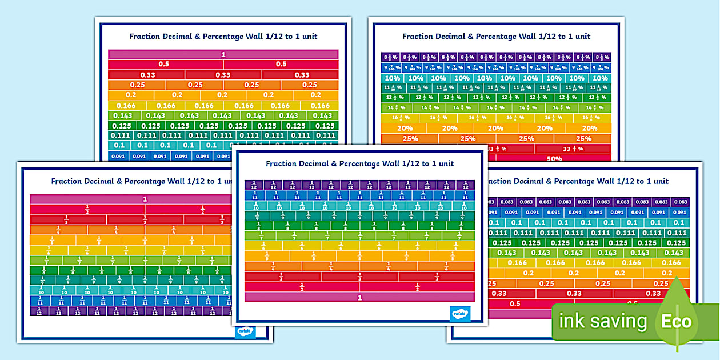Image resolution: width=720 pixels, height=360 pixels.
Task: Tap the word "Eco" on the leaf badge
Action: click(x=677, y=321)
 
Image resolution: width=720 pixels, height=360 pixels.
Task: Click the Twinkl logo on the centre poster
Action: click(x=460, y=313)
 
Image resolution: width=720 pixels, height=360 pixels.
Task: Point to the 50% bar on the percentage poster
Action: click(x=554, y=159)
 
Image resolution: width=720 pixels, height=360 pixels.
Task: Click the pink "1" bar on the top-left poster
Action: click(x=223, y=54)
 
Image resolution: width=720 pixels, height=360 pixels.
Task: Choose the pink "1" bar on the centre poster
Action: click(x=359, y=298)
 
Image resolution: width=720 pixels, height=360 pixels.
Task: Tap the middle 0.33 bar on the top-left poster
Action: click(x=223, y=75)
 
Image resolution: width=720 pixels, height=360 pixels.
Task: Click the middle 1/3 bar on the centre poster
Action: click(x=359, y=277)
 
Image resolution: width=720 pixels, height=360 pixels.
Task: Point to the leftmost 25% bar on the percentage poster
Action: click(x=410, y=139)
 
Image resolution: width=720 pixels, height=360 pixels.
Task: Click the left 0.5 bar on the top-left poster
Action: click(x=164, y=64)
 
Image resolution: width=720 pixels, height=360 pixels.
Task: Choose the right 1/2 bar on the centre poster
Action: click(x=417, y=287)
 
